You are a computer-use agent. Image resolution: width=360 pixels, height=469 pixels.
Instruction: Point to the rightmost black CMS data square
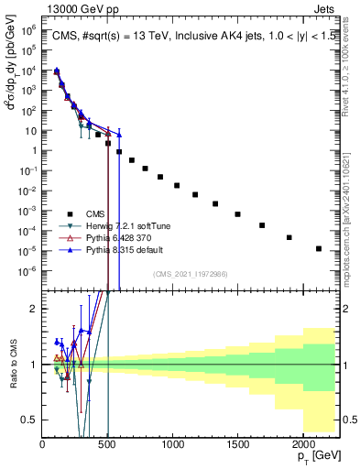(319, 248)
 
